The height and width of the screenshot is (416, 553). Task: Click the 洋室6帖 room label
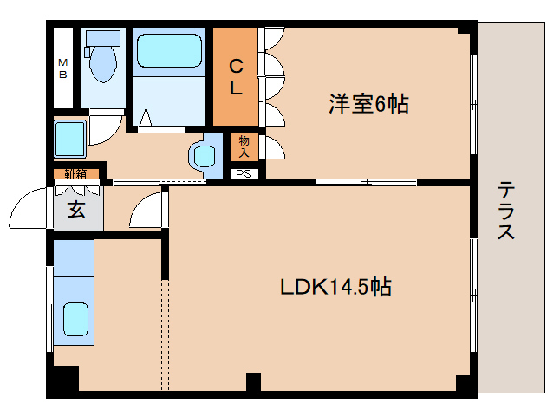click(368, 105)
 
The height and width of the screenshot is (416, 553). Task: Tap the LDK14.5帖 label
click(335, 287)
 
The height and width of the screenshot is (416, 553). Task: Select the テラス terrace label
click(506, 211)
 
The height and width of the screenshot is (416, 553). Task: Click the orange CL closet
click(236, 76)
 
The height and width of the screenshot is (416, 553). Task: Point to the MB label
click(62, 68)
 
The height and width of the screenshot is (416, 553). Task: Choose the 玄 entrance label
click(77, 211)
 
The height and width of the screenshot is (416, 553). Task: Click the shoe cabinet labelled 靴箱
click(75, 173)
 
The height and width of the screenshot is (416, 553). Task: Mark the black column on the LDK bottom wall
click(252, 382)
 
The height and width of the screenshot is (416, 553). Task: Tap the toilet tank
click(103, 36)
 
